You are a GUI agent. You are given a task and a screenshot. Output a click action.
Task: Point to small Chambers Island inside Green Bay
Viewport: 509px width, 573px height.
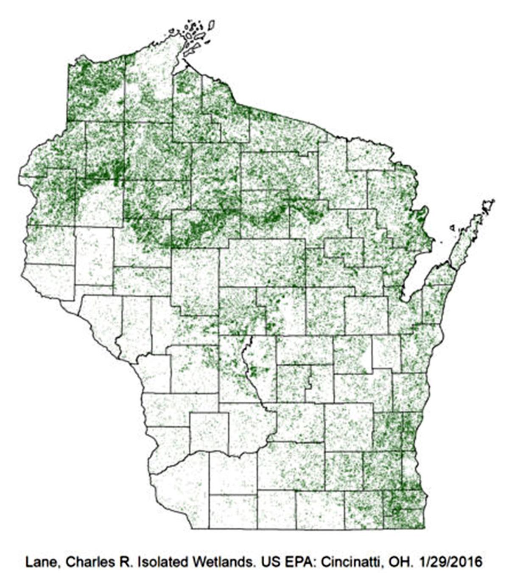pos(453,228)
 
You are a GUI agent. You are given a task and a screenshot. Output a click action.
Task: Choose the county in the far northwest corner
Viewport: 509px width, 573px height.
pos(96,89)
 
